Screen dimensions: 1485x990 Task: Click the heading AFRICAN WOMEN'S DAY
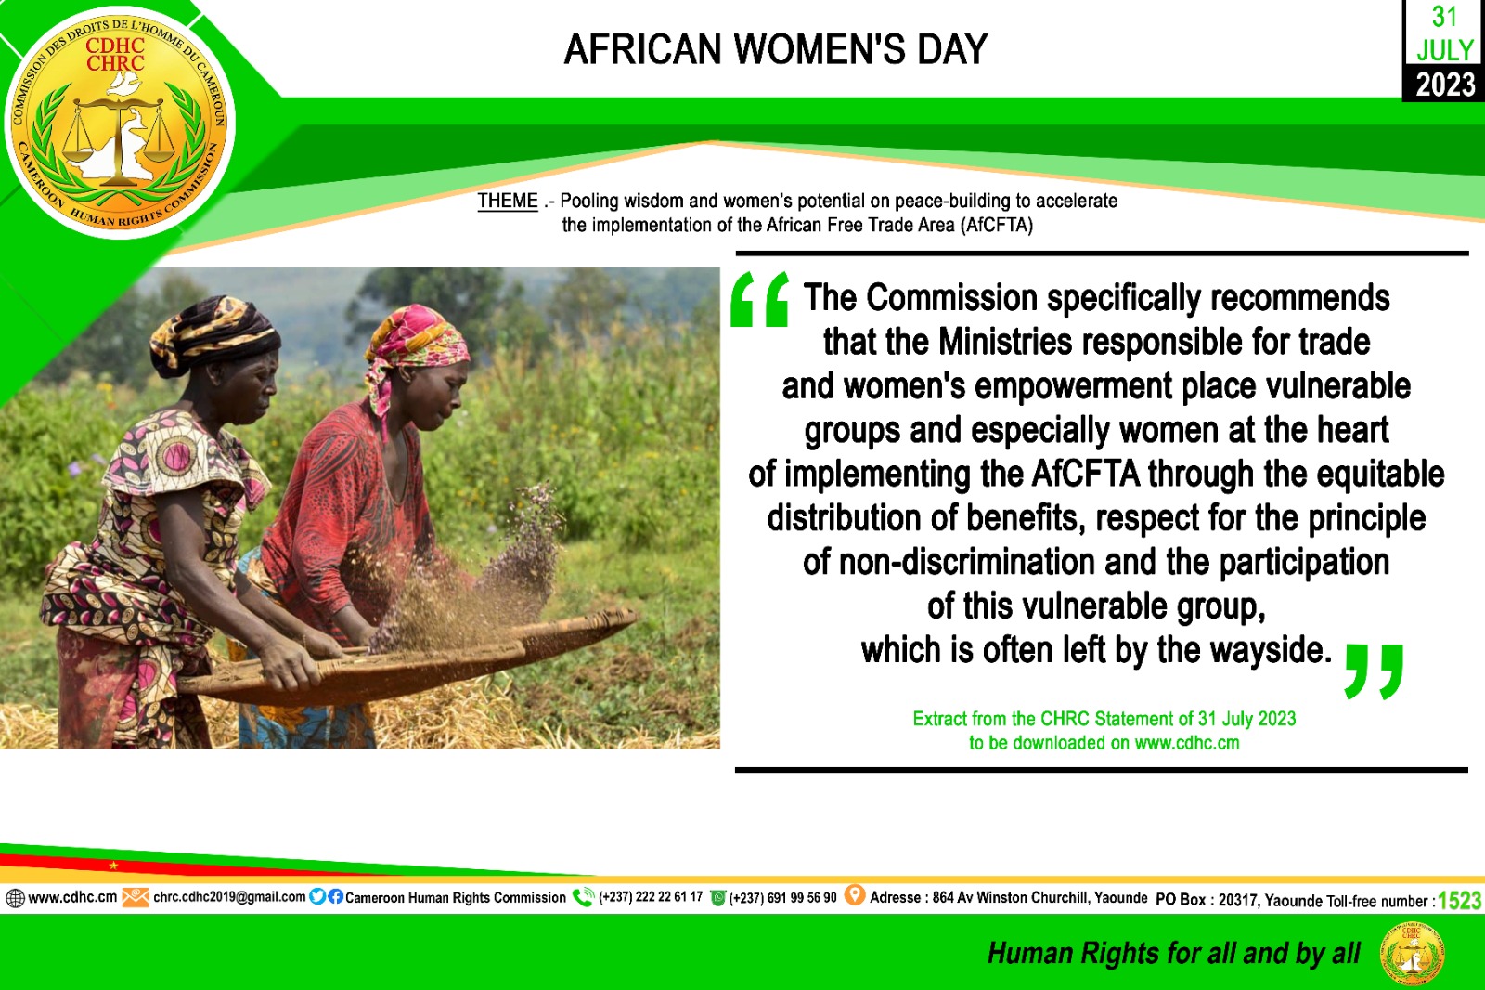(776, 50)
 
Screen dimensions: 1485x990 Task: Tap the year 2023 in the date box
(1446, 85)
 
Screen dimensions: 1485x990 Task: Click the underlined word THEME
(508, 201)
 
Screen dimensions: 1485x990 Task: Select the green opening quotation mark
(760, 299)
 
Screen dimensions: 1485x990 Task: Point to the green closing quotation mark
(1374, 671)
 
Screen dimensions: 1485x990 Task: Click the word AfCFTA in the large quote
(1085, 474)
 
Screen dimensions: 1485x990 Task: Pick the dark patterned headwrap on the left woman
(214, 335)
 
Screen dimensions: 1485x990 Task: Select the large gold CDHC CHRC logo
(120, 122)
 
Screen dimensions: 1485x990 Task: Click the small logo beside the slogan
(1412, 953)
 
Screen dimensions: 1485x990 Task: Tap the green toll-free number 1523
(1459, 901)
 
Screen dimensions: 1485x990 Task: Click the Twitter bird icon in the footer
(317, 896)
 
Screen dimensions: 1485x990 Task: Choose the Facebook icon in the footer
(335, 896)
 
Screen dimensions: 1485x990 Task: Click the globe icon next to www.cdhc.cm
(15, 898)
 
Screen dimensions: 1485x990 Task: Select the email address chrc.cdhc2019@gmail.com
(229, 897)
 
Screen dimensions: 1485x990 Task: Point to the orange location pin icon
(855, 895)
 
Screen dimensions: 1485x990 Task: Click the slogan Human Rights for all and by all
(1173, 953)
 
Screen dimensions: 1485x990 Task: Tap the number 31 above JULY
(1444, 18)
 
